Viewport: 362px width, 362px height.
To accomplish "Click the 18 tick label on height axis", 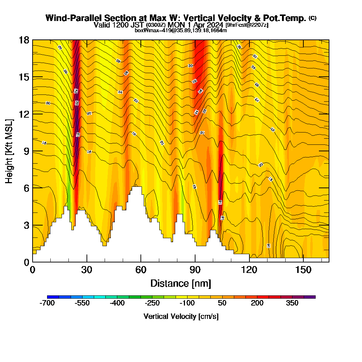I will (x=24, y=40).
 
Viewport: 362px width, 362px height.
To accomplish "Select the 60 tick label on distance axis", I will (x=140, y=270).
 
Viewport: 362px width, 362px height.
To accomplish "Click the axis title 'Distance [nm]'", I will (x=181, y=283).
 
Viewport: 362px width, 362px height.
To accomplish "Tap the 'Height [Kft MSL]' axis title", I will (x=9, y=151).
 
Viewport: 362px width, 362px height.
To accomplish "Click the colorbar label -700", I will (x=47, y=303).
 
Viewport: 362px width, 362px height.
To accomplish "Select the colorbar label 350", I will (x=292, y=303).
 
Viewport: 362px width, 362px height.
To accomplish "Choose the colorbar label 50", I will (x=222, y=303).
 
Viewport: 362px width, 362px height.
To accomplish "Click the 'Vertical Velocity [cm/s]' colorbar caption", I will (x=181, y=316).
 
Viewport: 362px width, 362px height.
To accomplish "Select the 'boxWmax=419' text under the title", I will (x=149, y=30).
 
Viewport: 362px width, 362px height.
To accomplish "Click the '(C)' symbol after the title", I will (x=312, y=18).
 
